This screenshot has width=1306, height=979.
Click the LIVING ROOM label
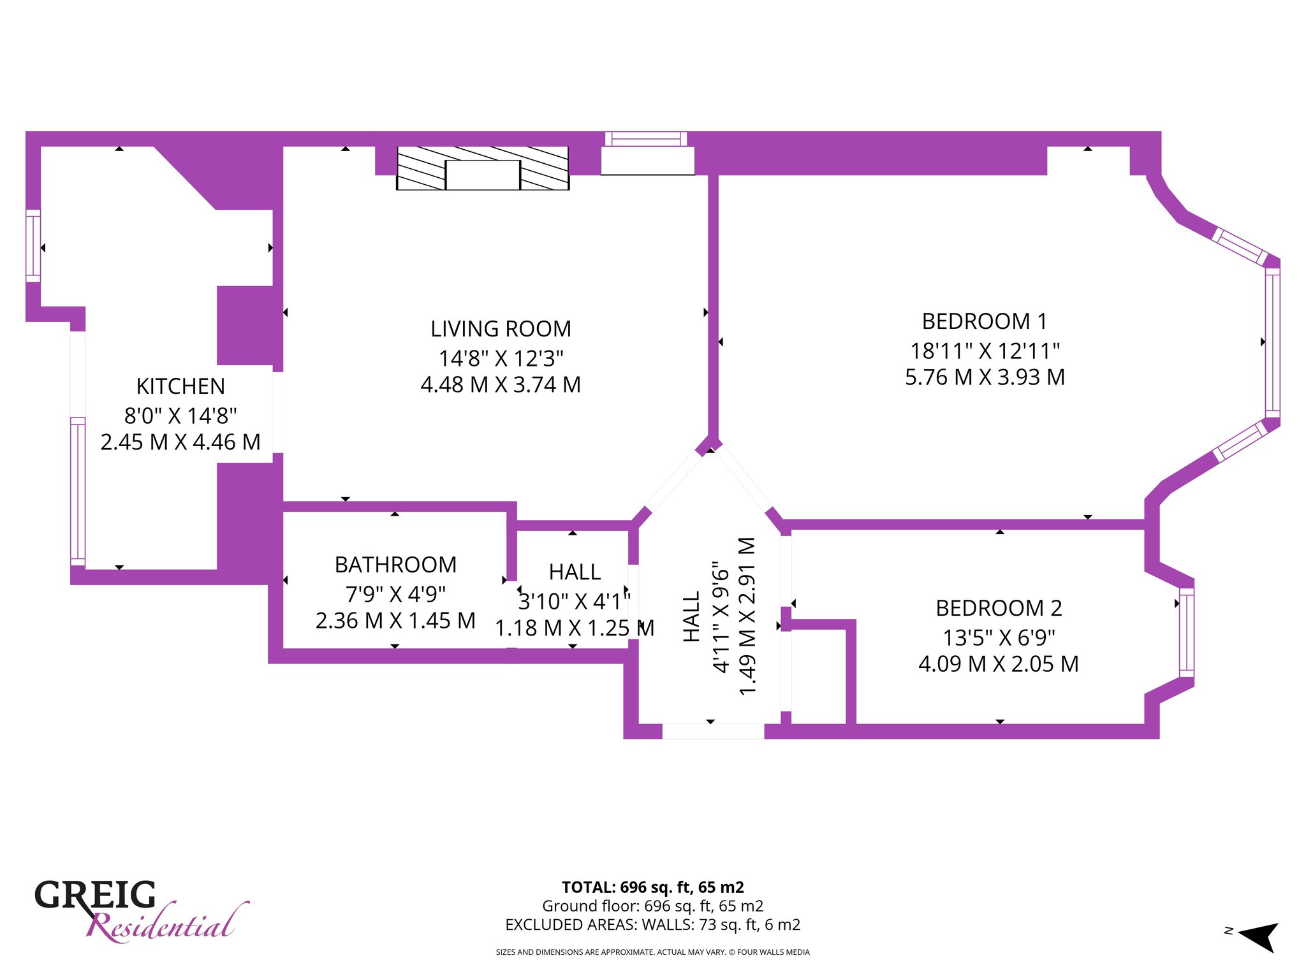pos(501,329)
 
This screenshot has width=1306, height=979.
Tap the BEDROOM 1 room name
pos(985,321)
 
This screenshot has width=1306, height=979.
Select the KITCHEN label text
pos(180,386)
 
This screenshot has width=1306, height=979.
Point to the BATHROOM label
pos(395,565)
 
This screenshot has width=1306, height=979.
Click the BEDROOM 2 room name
pos(999,608)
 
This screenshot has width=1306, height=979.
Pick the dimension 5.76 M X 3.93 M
pos(985,377)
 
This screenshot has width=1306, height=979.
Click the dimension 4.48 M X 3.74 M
pos(501,384)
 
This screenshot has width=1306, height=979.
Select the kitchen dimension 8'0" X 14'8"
pos(180,415)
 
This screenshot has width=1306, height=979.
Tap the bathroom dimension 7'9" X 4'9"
pos(395,593)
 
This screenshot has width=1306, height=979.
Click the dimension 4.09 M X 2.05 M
pos(999,664)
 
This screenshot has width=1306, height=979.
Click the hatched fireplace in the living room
pos(483,168)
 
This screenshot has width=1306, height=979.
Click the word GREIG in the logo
pos(95,895)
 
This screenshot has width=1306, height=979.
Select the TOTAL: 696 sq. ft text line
pos(652,887)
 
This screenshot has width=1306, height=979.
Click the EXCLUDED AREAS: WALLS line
pos(652,924)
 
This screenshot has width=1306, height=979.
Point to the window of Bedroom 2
pos(1186,632)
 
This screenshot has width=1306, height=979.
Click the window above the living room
pos(646,139)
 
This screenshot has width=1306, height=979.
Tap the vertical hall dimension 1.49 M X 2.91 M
pos(747,616)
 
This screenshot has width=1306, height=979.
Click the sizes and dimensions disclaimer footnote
pos(652,952)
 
